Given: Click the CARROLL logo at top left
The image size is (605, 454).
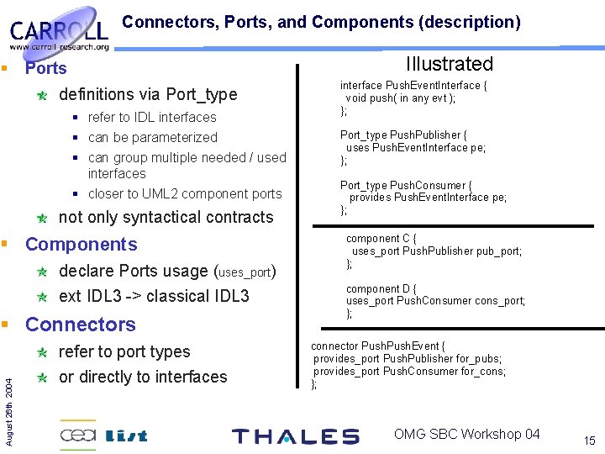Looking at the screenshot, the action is coord(59,34).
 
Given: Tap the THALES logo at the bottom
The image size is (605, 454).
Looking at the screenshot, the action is coord(295,436).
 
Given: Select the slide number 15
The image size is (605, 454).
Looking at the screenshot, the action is coord(588,441).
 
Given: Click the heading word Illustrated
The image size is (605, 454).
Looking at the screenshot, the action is coord(449,64).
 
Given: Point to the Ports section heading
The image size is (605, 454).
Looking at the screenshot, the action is coord(45,68).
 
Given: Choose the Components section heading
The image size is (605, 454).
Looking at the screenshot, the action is coord(81,245).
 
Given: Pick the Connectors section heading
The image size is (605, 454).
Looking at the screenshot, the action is coord(80,325).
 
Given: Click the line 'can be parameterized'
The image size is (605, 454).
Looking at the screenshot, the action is coord(152,137).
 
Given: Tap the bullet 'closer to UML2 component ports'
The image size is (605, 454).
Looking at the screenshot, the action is coord(184,193).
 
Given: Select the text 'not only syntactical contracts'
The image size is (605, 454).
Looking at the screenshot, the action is coord(166,217).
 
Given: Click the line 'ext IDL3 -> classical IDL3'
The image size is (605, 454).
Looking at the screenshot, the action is coord(154,296).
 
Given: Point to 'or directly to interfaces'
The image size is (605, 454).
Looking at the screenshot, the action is coord(143,377).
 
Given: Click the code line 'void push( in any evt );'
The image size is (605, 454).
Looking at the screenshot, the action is coord(401,98).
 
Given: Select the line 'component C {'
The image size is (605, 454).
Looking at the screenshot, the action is coord(382,238).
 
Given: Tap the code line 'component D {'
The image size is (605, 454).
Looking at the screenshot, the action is coord(382,288).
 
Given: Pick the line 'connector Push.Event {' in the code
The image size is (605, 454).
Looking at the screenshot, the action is coord(378,346).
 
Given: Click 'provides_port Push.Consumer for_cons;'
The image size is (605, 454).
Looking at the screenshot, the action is coord(409,371).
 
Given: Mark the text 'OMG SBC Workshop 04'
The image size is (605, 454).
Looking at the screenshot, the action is coord(466,434).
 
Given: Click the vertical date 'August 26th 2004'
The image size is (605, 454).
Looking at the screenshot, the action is coord(9,394).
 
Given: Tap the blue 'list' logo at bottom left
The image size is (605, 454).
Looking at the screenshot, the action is coord(127,436).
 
